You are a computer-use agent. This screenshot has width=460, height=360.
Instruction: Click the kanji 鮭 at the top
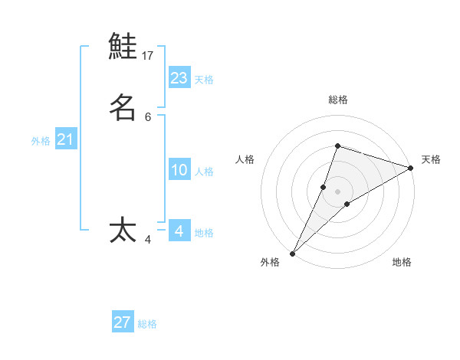coord(123,46)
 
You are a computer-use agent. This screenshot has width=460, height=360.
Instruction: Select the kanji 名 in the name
coord(123,107)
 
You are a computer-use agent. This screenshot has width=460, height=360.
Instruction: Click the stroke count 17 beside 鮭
coord(148,55)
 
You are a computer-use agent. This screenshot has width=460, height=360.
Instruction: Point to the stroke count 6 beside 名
coord(148,116)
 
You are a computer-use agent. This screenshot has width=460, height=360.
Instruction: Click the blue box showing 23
coord(179,77)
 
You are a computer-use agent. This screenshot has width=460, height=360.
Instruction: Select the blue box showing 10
coord(179,170)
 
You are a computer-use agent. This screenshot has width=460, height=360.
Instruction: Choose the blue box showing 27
coord(123,322)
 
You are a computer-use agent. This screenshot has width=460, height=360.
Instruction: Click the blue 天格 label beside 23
coord(204,80)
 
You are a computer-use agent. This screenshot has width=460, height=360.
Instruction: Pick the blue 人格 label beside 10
coord(204,172)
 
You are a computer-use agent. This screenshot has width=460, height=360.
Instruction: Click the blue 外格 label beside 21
coord(41,141)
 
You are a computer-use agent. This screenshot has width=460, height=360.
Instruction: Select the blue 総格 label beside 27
coord(147,324)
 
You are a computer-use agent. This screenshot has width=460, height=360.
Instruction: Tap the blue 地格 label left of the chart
coord(204,233)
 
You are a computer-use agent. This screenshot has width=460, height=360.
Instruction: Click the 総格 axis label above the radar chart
coord(338,100)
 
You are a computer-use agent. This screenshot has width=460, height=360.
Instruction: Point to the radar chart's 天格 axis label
coord(431,159)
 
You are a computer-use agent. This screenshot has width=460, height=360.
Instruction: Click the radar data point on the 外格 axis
coord(292,254)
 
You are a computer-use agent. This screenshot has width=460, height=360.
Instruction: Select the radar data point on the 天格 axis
coord(410,168)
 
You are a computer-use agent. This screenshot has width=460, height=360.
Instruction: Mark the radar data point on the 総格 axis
coord(337,146)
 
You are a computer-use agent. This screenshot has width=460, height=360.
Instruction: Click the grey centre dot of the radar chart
coord(337,191)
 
